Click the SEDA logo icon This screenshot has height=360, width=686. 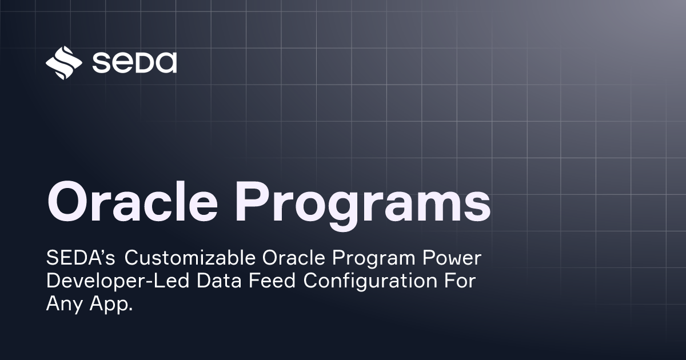tap(63, 62)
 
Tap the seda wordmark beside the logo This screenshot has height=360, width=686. tap(134, 62)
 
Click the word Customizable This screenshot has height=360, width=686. tap(191, 259)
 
